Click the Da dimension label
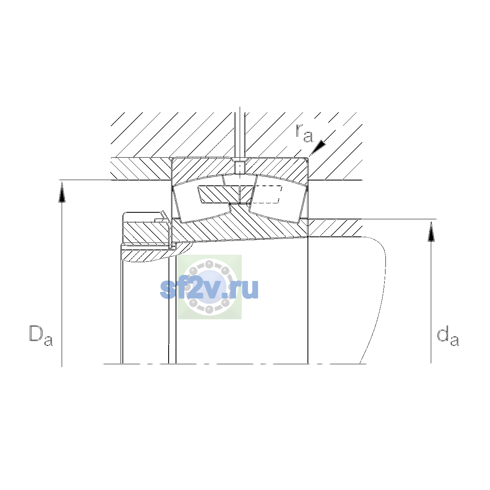click(41, 335)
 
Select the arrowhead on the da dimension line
click(431, 232)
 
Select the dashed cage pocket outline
click(267, 194)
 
